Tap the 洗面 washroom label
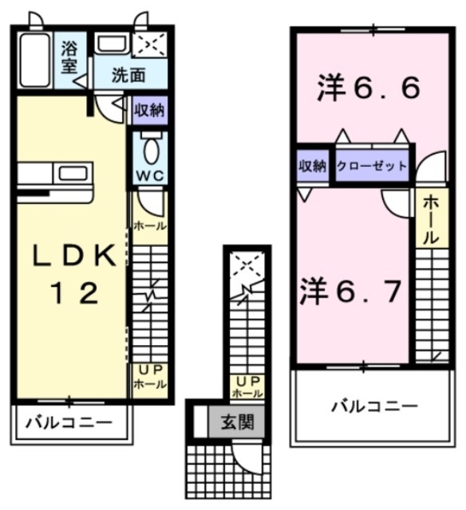128,77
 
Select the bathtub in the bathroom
34,61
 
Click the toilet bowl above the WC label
149,148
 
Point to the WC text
148,175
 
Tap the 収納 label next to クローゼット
313,166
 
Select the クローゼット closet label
372,166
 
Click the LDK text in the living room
69,257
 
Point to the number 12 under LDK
70,293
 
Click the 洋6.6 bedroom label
367,88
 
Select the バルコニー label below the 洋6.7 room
373,406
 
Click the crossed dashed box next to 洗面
149,45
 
